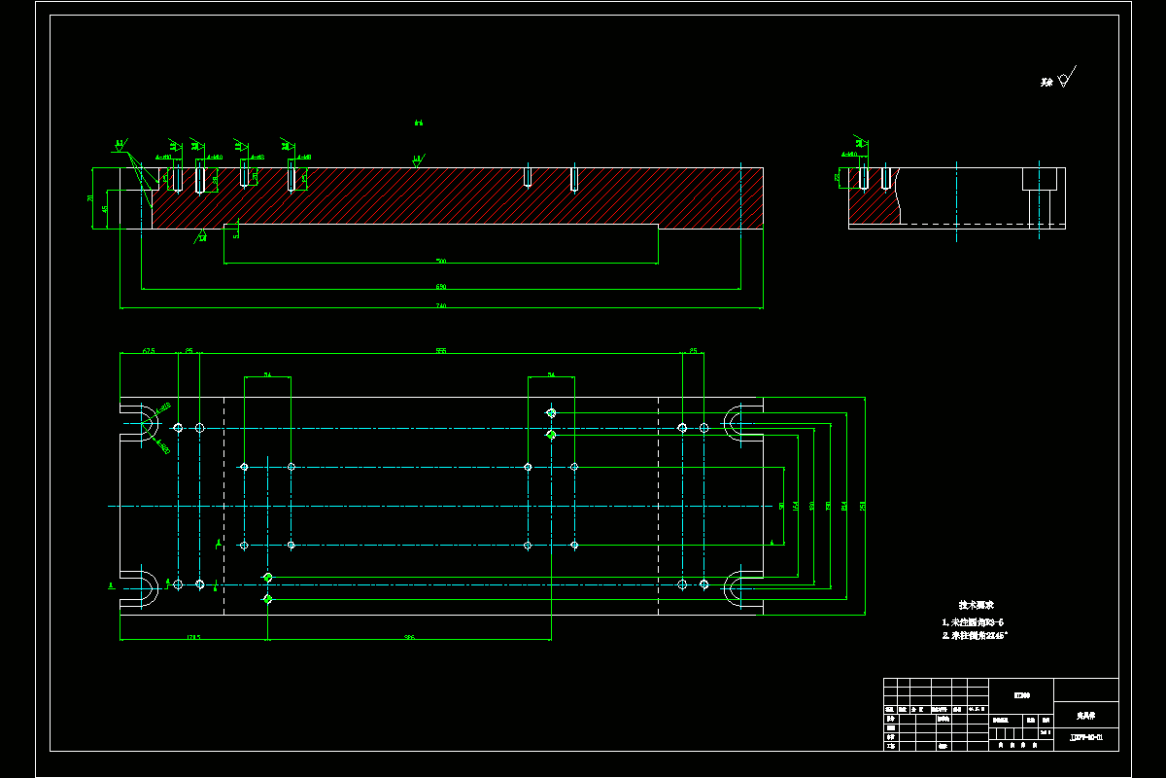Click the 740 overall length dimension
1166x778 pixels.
(440, 306)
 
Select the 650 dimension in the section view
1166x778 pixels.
(440, 287)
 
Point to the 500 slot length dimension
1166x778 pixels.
(440, 261)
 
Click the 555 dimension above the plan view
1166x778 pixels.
(440, 350)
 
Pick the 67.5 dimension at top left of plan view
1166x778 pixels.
(149, 350)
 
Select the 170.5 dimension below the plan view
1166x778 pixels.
(192, 637)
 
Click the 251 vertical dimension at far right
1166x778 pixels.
(863, 505)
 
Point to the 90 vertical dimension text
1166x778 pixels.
(781, 506)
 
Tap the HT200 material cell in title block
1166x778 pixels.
(1021, 694)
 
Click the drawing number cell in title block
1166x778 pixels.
(1085, 738)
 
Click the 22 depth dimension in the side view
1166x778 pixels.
(838, 178)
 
